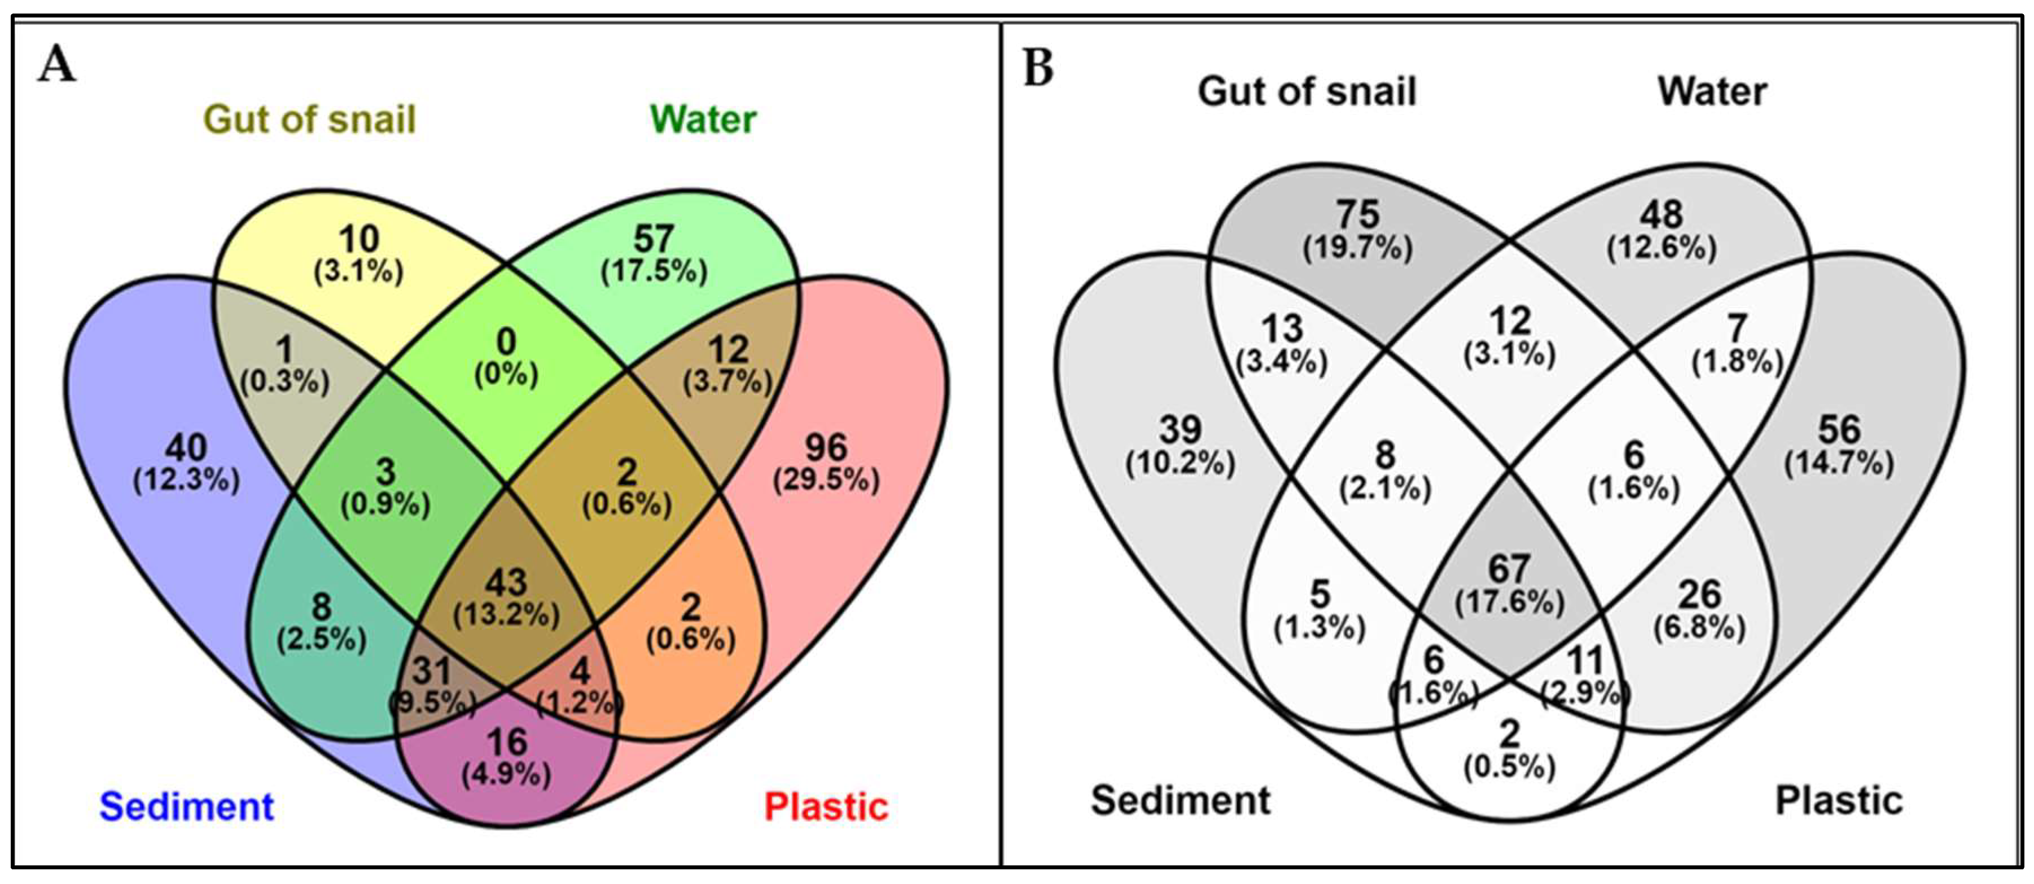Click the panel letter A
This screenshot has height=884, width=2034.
(x=57, y=65)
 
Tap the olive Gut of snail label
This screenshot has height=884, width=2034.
(x=309, y=120)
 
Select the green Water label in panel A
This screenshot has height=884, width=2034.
(x=703, y=120)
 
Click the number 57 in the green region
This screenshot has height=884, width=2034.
(x=654, y=239)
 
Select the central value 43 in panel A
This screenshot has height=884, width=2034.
(x=506, y=583)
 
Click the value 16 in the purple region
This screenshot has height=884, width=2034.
(x=506, y=742)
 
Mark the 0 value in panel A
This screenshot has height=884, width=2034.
(x=506, y=342)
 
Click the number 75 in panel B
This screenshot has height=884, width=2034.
(x=1357, y=214)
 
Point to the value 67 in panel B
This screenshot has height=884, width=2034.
(x=1510, y=568)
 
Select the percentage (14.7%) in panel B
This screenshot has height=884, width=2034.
(x=1839, y=463)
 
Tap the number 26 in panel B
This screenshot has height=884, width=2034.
(x=1699, y=593)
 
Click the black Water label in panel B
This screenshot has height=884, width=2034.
(x=1712, y=91)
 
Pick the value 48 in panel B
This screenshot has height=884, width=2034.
(x=1662, y=214)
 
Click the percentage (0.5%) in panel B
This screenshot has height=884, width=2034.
(x=1510, y=767)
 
